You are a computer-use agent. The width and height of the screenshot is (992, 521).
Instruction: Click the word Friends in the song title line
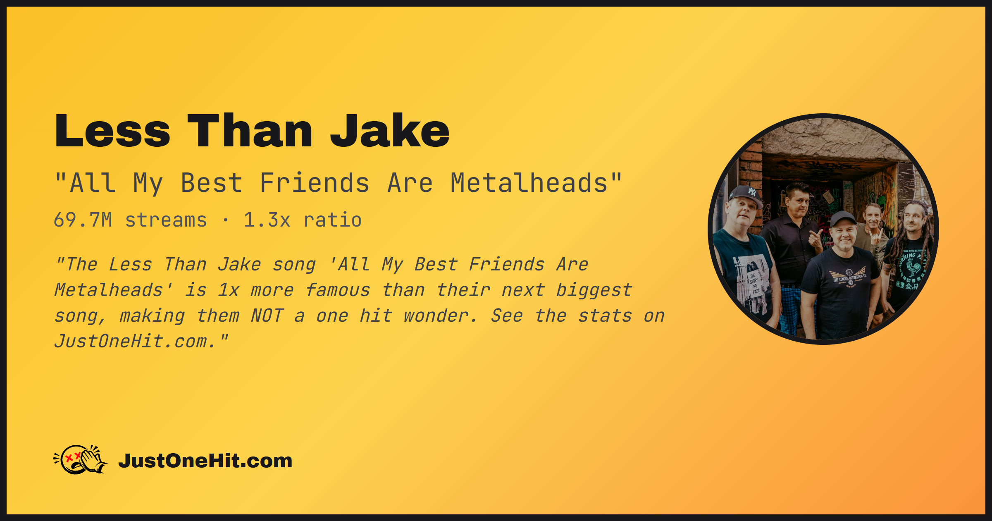(x=314, y=183)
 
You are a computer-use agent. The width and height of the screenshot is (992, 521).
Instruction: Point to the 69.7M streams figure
(x=130, y=220)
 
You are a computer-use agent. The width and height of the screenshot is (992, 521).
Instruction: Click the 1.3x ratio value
(x=303, y=220)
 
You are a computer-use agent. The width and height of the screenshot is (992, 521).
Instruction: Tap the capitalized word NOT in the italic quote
(x=267, y=316)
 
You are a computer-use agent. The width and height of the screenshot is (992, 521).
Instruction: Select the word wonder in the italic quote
(x=440, y=316)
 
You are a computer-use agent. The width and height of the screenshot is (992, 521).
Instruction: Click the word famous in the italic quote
(x=338, y=290)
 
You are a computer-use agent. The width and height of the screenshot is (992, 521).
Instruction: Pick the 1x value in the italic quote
(x=229, y=290)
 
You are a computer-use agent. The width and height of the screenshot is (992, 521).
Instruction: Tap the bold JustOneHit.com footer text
(x=205, y=461)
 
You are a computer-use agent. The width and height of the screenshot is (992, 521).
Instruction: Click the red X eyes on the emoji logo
(x=73, y=457)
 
